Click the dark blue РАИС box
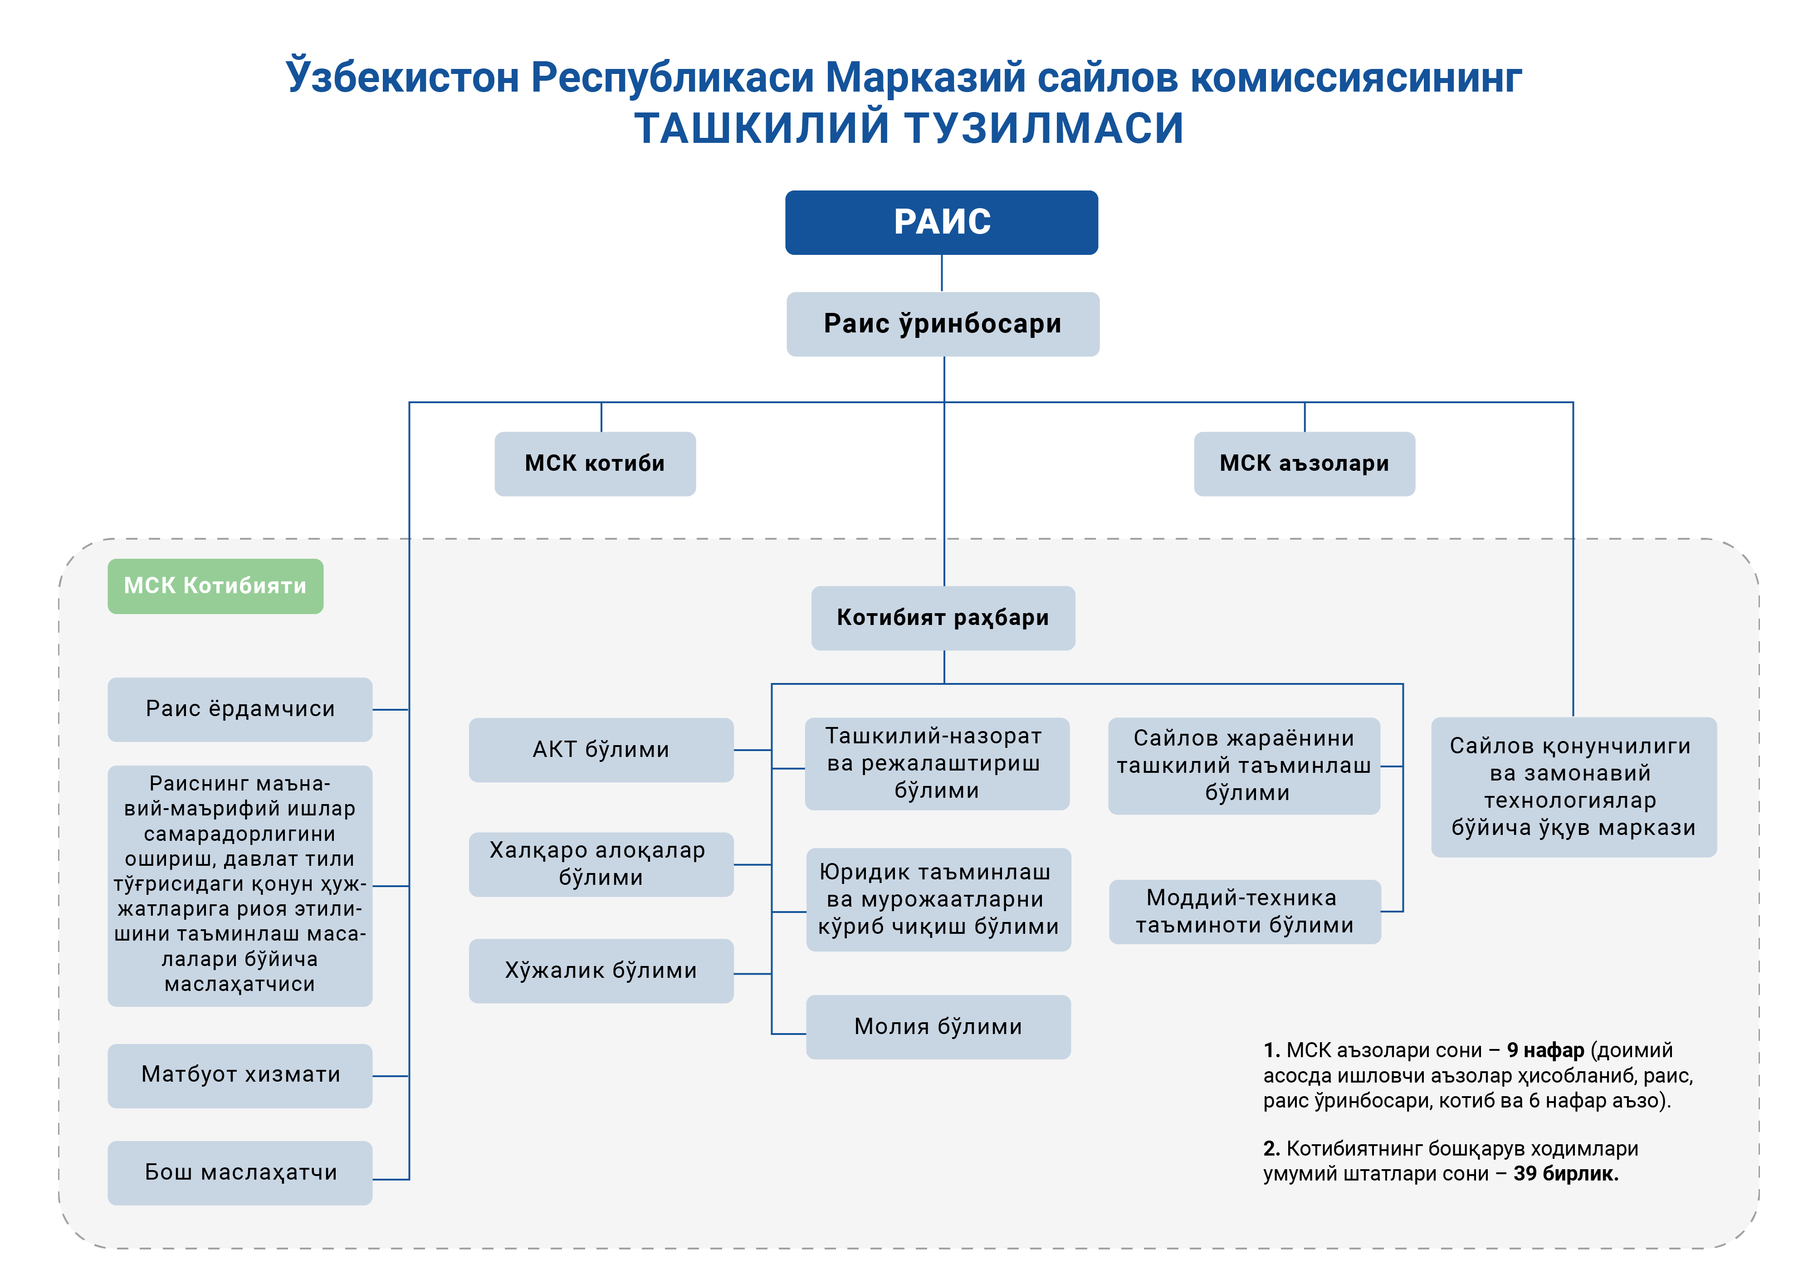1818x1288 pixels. click(942, 222)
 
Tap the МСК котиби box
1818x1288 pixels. click(595, 464)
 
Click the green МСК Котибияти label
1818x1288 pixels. click(216, 586)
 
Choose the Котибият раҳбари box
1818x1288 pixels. click(943, 618)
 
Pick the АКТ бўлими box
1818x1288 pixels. click(601, 750)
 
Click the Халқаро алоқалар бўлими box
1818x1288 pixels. click(601, 864)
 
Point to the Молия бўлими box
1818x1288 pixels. click(938, 1027)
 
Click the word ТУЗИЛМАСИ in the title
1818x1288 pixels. click(1044, 128)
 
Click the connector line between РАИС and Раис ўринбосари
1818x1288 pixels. click(942, 273)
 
